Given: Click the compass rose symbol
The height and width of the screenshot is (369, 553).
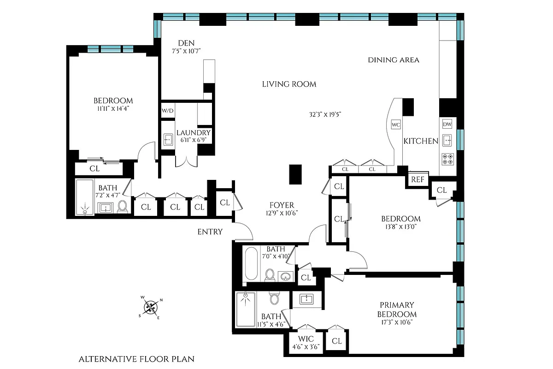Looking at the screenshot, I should (151, 307).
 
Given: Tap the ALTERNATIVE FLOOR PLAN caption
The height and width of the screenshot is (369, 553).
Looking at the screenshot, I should (136, 359).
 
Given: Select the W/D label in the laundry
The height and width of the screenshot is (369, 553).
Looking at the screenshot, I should (167, 111).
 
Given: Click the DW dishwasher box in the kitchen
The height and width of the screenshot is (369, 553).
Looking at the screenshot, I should (447, 124).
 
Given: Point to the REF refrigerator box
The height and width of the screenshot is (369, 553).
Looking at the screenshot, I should (418, 179).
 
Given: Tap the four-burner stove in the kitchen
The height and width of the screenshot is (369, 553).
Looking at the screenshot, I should (447, 159).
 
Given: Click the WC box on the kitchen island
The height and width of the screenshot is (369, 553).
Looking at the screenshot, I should (395, 125).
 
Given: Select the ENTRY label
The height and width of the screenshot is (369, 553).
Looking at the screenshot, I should (210, 232).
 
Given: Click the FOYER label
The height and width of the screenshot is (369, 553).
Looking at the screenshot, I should (282, 205).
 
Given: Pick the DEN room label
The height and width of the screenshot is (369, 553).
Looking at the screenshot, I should (186, 43).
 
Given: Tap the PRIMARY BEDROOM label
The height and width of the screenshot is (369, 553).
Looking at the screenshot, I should (396, 309).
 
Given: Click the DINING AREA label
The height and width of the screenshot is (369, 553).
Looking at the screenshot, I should (393, 60).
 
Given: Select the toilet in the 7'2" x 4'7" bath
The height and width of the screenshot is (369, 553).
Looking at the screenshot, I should (123, 207).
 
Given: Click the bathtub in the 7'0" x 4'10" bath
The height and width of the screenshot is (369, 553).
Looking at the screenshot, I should (251, 264).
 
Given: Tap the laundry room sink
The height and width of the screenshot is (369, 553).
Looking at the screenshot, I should (168, 139).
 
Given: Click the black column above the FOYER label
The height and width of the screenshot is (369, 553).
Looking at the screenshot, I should (295, 174).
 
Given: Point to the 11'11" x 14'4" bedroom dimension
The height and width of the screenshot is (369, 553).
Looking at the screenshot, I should (113, 109).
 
